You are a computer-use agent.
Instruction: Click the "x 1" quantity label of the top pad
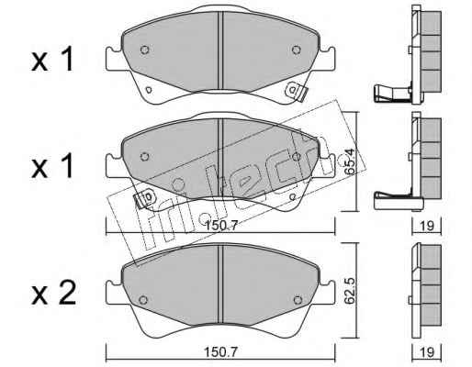[x=52, y=60]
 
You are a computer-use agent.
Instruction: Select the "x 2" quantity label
[x=53, y=293]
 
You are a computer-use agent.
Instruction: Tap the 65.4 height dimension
[x=350, y=161]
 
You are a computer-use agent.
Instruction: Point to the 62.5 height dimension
[x=350, y=291]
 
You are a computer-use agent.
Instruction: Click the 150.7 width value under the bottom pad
[x=221, y=352]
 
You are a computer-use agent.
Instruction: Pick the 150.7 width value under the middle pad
[x=221, y=226]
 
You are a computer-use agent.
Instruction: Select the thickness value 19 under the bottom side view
[x=427, y=352]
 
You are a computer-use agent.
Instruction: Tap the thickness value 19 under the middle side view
[x=427, y=226]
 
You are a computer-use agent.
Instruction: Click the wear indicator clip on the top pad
[x=297, y=92]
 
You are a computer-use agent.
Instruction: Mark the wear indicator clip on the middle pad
[x=145, y=198]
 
